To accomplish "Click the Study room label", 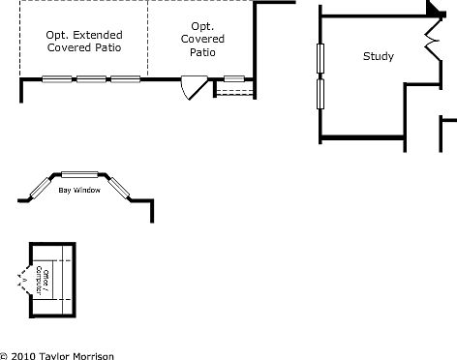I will point(379,56).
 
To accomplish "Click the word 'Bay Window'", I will point(79,191).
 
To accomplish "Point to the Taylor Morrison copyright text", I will point(57,355).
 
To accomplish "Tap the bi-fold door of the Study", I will point(432,39).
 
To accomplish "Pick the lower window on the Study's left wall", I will point(320,94).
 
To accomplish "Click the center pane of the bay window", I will point(80,174).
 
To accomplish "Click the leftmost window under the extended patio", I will point(55,78).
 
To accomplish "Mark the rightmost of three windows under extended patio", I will point(125,78).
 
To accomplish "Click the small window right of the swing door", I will point(233,78).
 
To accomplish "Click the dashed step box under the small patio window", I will point(233,89).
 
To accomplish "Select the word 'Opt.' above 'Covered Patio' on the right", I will point(202,26).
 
